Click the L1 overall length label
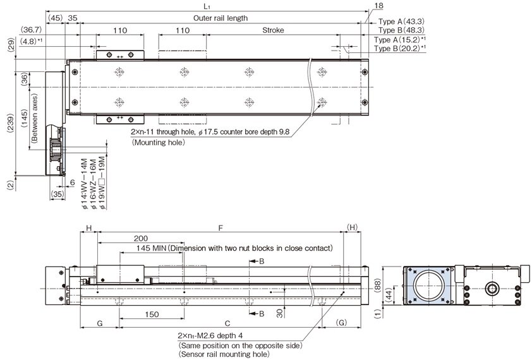coord(208,6)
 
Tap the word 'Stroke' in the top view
coord(273,30)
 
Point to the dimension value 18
coord(378,6)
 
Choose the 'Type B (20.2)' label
coord(401,48)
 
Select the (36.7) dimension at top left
coord(31,30)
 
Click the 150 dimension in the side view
coord(151,314)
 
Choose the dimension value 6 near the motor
coord(72,181)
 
